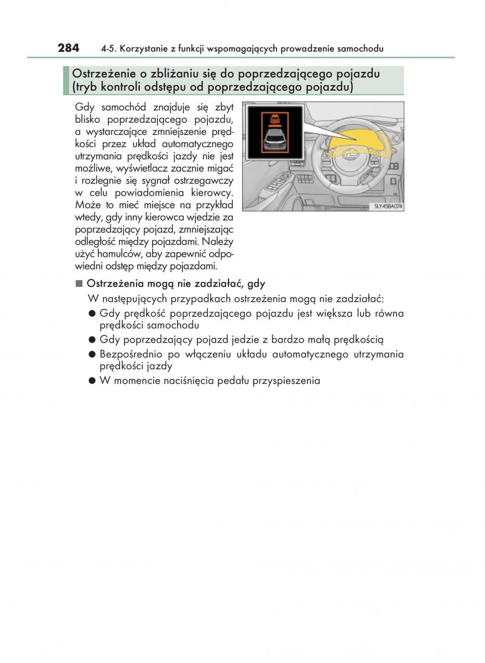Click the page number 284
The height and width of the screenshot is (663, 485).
coord(69,48)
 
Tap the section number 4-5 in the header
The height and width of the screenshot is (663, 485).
coord(108,49)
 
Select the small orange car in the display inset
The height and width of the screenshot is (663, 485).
coord(274,119)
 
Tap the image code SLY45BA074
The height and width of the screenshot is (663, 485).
coord(386,207)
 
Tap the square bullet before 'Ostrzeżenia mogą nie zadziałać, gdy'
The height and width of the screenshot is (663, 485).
coord(79,284)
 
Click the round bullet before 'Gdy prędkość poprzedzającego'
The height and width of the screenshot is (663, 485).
coord(92,314)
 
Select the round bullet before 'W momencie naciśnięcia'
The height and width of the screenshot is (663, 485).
coord(92,381)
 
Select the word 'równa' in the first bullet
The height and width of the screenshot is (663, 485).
coord(389,313)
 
